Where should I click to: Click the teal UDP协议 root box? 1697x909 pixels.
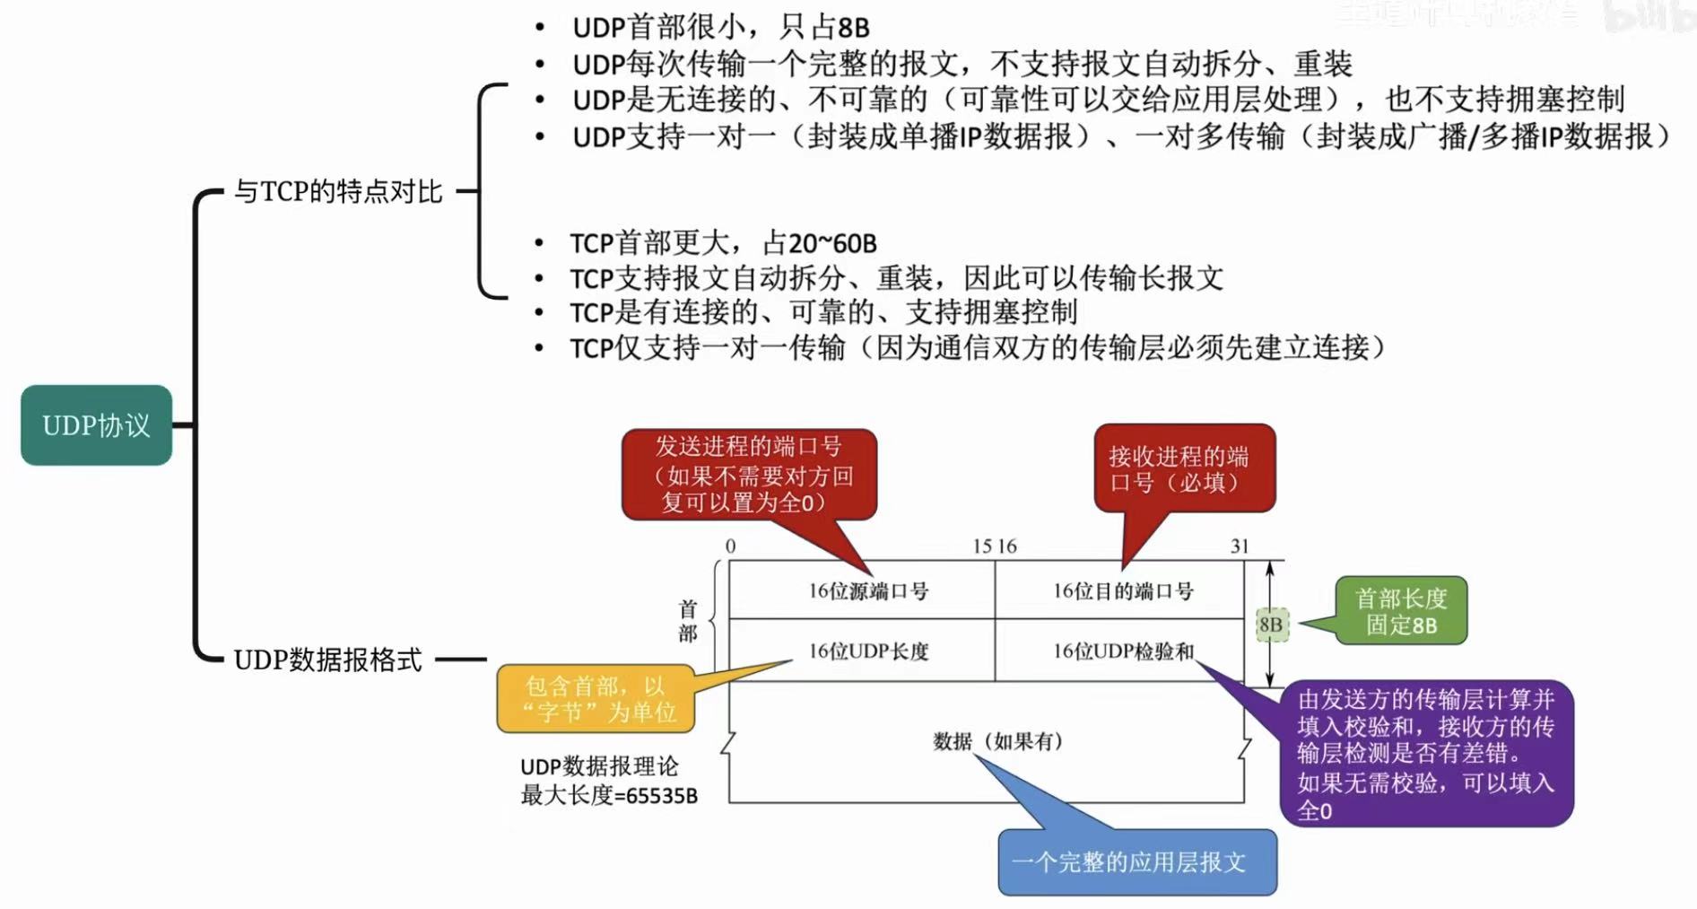click(x=96, y=425)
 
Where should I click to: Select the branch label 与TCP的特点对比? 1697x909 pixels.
click(x=338, y=191)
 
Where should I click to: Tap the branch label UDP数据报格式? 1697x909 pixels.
click(x=327, y=660)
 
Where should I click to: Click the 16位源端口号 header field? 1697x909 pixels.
click(x=867, y=591)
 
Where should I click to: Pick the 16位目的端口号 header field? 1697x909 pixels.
click(x=1122, y=591)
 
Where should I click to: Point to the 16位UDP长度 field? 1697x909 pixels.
click(x=867, y=651)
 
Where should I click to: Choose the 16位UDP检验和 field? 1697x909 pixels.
click(x=1122, y=651)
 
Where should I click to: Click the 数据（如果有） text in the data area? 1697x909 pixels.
click(x=997, y=741)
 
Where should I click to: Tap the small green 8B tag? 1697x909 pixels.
click(x=1271, y=625)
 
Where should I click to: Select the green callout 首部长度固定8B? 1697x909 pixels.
click(x=1401, y=611)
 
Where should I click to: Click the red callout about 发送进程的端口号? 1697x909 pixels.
click(x=749, y=474)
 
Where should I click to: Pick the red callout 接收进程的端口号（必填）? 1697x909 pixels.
click(x=1184, y=468)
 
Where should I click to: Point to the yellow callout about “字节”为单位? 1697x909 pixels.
click(x=596, y=699)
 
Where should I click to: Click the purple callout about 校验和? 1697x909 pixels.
click(x=1426, y=754)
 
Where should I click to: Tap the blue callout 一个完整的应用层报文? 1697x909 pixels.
click(x=1136, y=862)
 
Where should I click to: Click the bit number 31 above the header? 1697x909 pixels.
click(x=1240, y=546)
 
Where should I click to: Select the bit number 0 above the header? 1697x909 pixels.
click(x=730, y=546)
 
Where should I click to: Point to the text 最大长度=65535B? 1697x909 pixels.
click(x=609, y=796)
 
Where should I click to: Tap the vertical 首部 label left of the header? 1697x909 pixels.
click(x=688, y=621)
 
